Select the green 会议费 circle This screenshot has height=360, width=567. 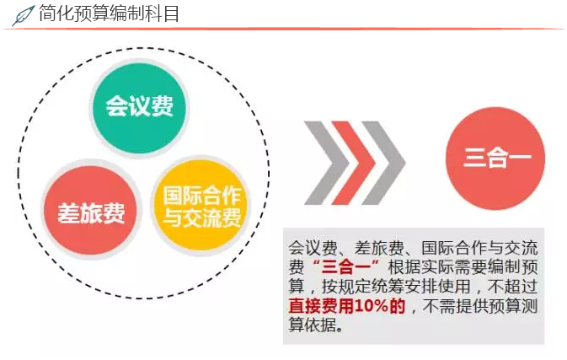coord(139,107)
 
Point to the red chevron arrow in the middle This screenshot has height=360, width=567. coord(353,158)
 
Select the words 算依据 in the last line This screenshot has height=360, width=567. coord(313,326)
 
